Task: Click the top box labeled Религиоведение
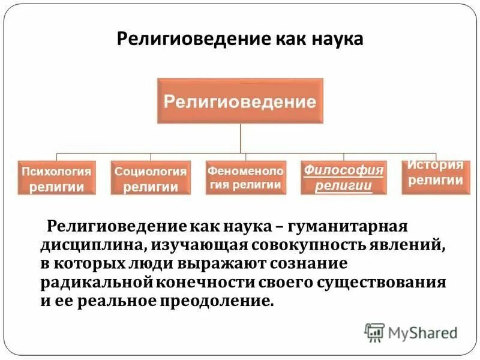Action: (240, 101)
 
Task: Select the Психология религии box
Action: (56, 178)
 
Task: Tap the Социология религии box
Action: (151, 178)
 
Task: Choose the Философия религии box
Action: (343, 177)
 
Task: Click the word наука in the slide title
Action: (337, 40)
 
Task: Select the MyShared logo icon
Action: (374, 332)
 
